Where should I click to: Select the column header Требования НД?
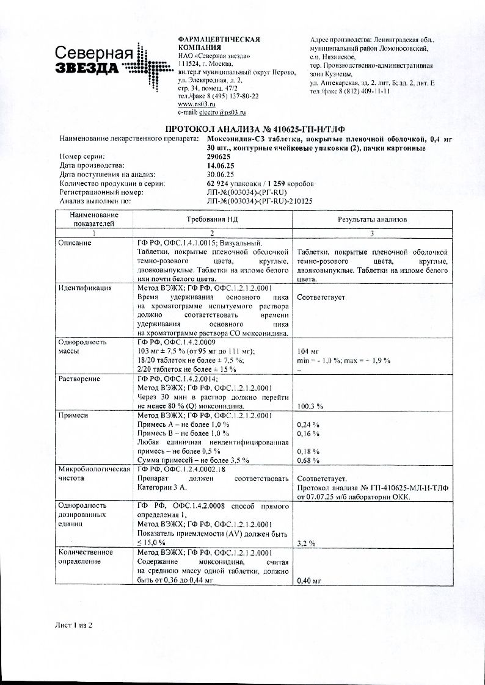(211, 219)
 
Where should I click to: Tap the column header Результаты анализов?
(373, 219)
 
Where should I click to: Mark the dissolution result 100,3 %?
(310, 406)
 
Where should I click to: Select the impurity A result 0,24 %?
(308, 424)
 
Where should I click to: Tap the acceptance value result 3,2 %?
(305, 542)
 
